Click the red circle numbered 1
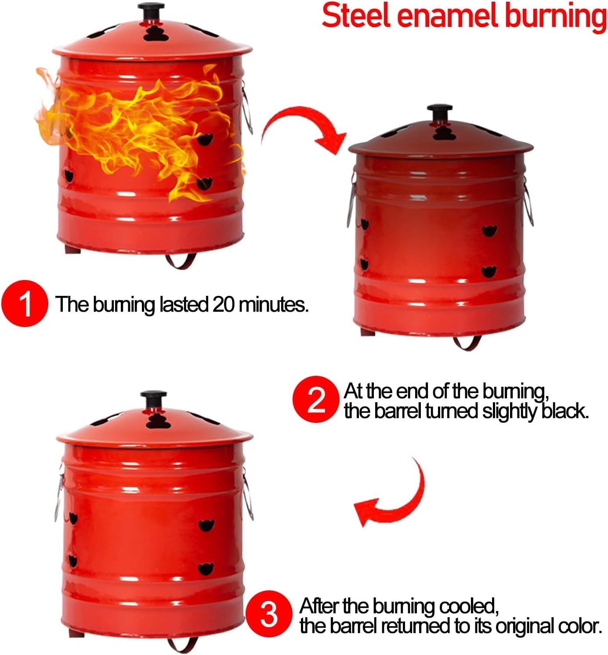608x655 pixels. tap(25, 304)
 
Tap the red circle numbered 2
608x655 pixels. tap(315, 399)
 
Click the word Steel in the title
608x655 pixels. tap(355, 16)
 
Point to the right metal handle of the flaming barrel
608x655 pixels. tap(247, 108)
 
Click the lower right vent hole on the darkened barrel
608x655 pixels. tap(489, 271)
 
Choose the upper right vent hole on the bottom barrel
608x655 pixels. tap(206, 525)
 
